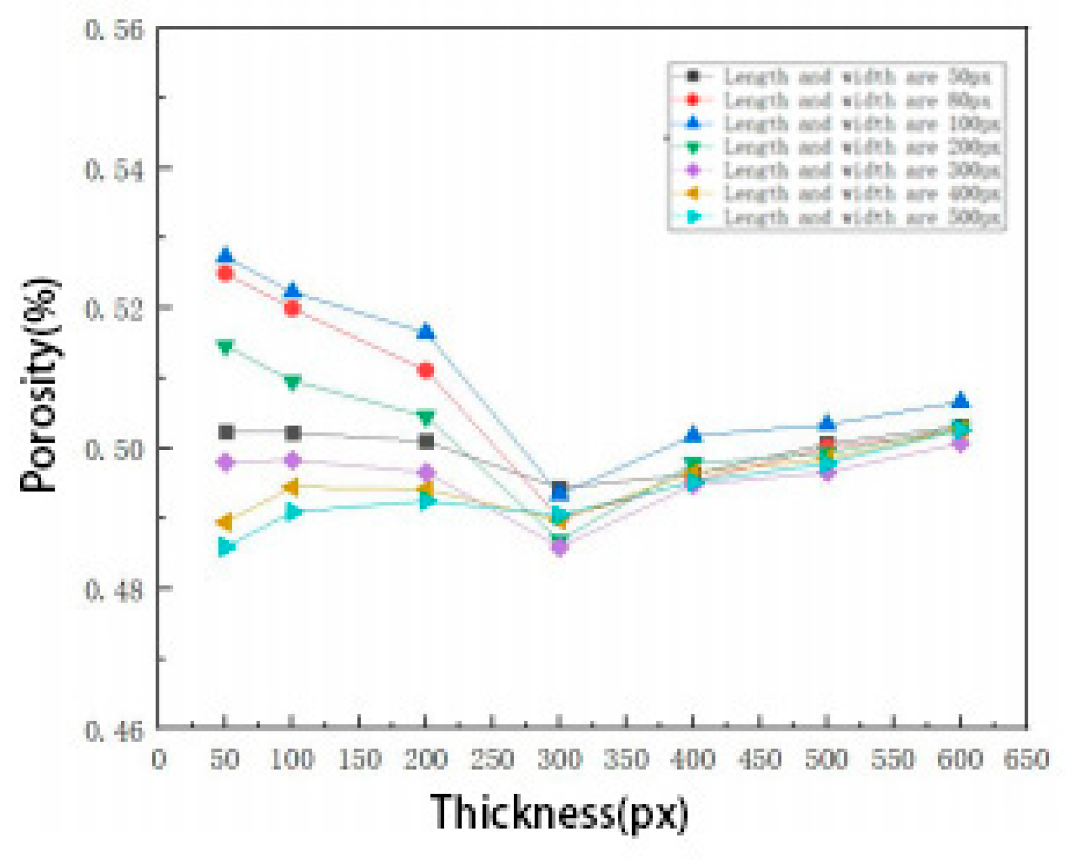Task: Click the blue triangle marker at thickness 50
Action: click(226, 255)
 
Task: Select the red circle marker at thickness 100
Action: click(293, 307)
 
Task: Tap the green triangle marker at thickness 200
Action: click(425, 417)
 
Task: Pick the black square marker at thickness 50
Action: click(226, 432)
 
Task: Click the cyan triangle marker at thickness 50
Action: click(226, 547)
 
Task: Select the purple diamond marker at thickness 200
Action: click(426, 472)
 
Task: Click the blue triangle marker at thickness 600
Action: click(961, 400)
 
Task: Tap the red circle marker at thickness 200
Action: click(426, 371)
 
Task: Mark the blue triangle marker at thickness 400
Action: click(693, 434)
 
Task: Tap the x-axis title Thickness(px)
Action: click(559, 813)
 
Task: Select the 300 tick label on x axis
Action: click(559, 759)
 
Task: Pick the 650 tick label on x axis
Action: click(1026, 759)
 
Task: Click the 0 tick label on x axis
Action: click(159, 759)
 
